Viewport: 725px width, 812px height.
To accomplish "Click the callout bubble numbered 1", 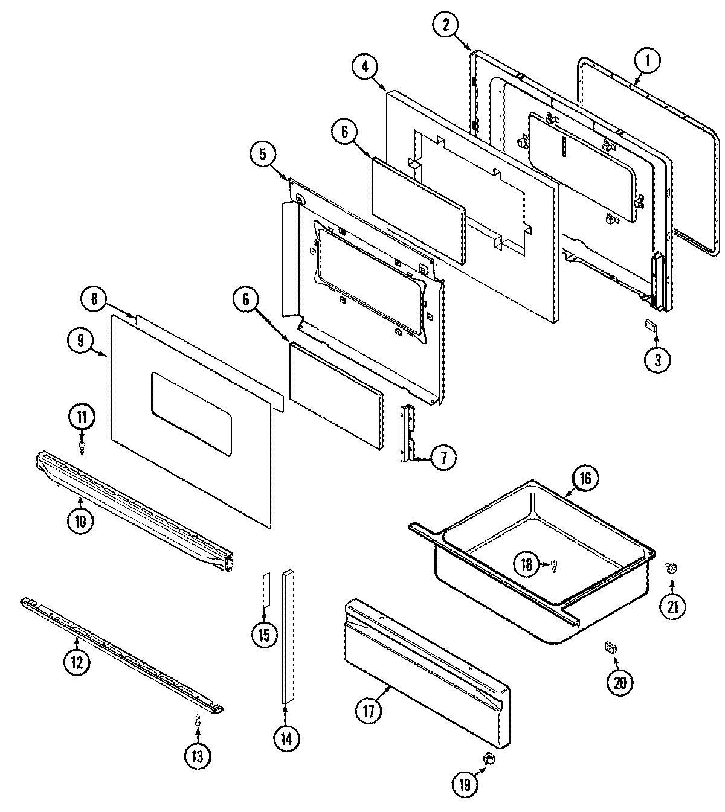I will (x=647, y=61).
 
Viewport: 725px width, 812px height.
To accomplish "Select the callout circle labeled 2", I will (x=446, y=25).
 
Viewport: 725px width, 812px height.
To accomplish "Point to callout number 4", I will (x=365, y=68).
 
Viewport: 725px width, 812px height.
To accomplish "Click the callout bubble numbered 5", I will (x=263, y=155).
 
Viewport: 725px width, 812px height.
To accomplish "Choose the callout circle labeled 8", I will (x=94, y=298).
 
